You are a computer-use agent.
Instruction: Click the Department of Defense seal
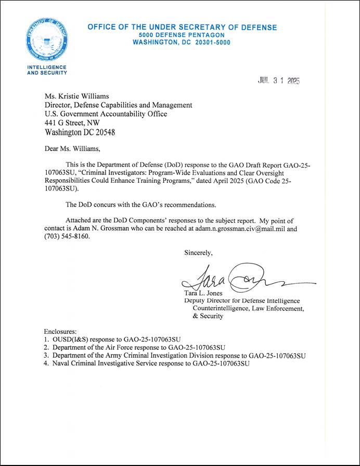tap(46, 41)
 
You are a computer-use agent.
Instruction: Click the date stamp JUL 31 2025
tap(279, 81)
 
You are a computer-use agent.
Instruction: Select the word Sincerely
tap(198, 253)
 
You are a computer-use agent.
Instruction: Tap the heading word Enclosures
tap(61, 331)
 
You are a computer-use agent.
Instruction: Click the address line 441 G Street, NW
tap(78, 123)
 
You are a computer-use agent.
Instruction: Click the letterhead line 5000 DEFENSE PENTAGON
tap(182, 34)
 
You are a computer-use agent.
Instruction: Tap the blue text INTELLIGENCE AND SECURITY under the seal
tap(46, 70)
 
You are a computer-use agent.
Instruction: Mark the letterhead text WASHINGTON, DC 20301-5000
tap(182, 42)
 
